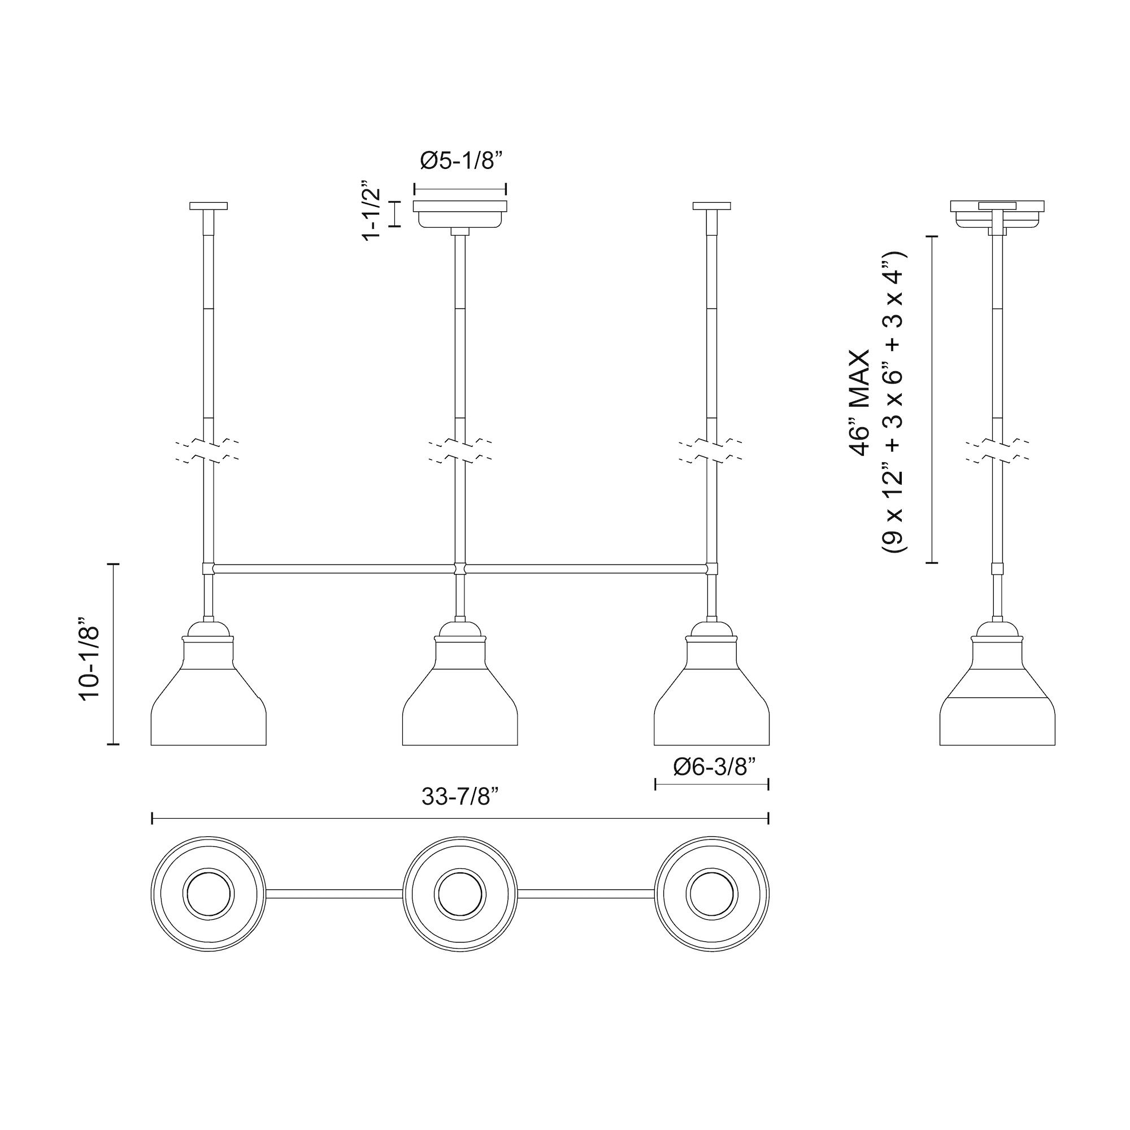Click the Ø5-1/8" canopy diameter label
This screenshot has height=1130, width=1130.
(x=461, y=160)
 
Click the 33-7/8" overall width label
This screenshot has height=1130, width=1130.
(x=460, y=797)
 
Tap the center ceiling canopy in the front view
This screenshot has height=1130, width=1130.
(x=460, y=214)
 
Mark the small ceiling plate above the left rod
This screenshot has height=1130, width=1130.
(x=209, y=206)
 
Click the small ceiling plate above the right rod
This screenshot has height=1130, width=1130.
(x=711, y=206)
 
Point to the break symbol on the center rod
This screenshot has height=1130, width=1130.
(x=460, y=450)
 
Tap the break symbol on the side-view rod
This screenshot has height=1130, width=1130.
(x=997, y=450)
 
